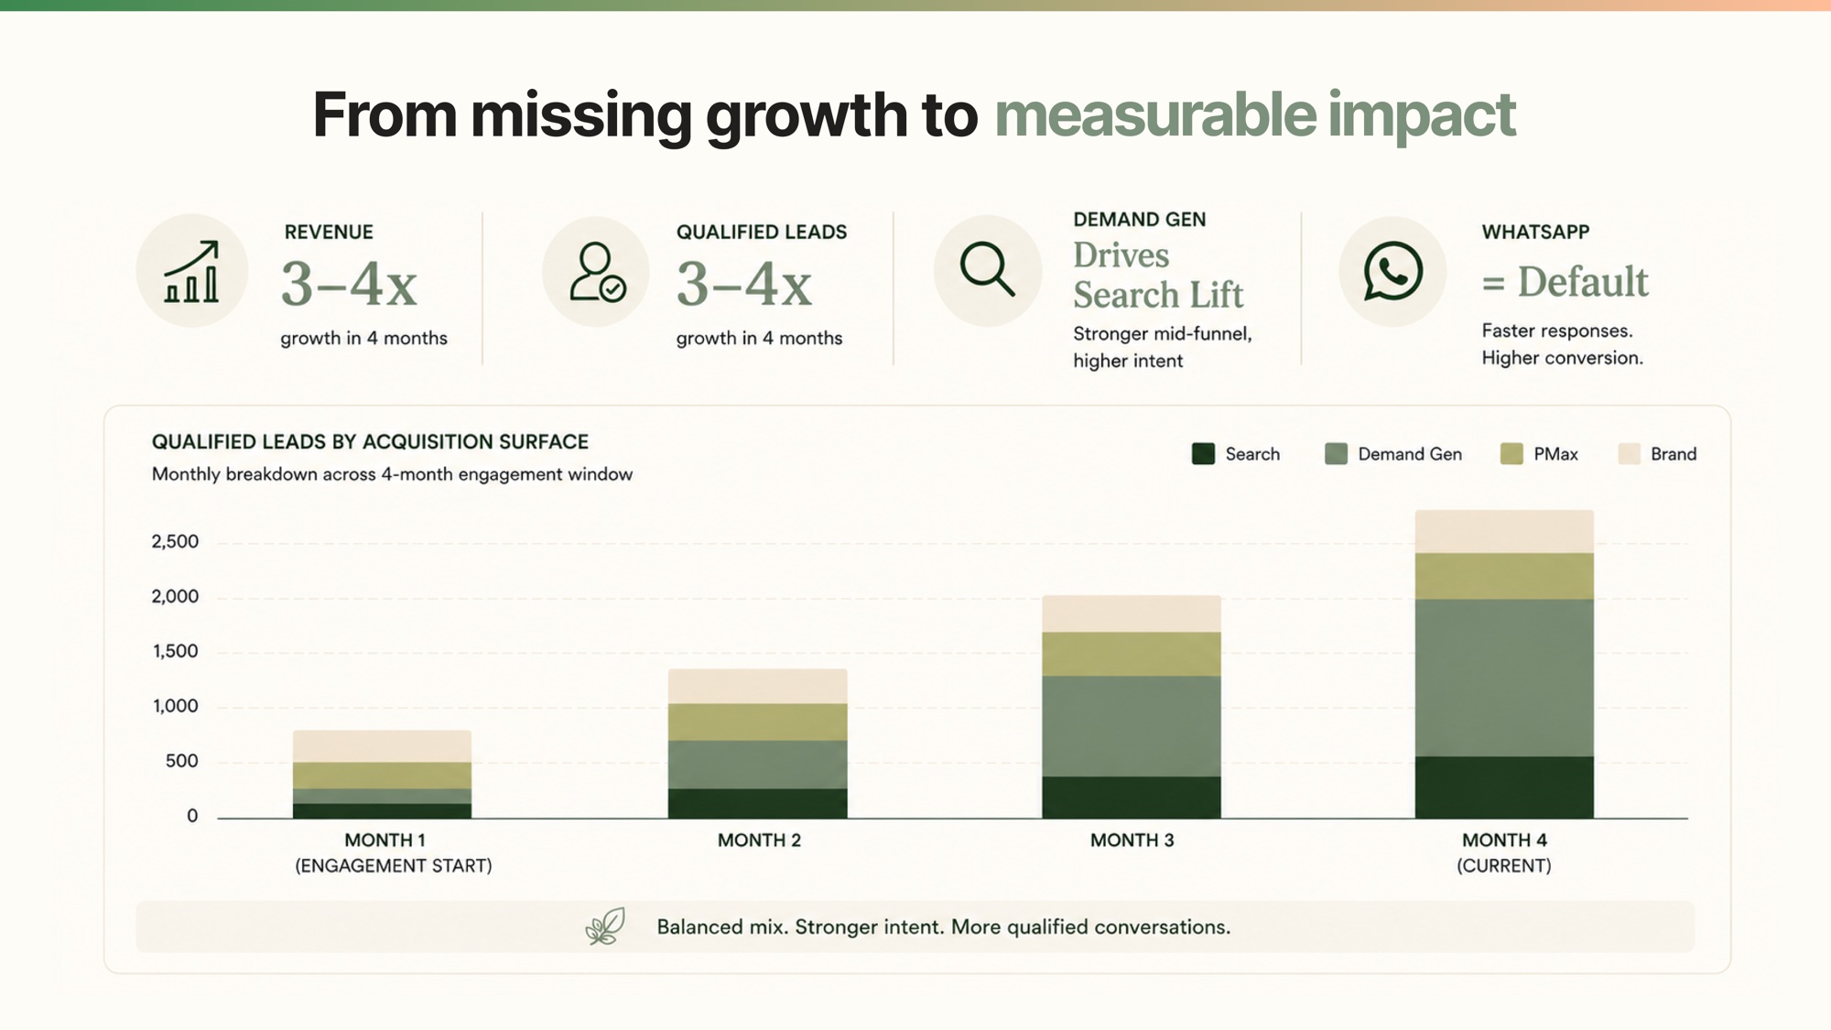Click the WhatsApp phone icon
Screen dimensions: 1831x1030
tap(1392, 271)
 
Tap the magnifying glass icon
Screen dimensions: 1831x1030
tap(987, 269)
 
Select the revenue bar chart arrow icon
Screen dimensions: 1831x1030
tap(191, 271)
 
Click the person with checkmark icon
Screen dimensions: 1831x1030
tap(597, 272)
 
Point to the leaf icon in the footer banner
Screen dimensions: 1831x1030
tap(605, 927)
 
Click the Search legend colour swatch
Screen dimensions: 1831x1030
tap(1203, 454)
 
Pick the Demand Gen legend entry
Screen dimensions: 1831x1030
tap(1393, 454)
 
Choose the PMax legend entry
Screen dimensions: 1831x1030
tap(1539, 454)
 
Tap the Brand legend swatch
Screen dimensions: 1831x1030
tap(1629, 454)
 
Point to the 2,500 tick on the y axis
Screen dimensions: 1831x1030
tap(175, 542)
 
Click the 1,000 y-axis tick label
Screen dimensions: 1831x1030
tap(175, 707)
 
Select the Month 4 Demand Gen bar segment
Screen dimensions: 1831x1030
tap(1504, 678)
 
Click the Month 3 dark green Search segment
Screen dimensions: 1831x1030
tap(1131, 797)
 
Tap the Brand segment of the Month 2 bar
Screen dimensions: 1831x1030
tap(757, 687)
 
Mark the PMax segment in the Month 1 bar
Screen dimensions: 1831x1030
tap(382, 775)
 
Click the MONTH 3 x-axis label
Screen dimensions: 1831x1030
tap(1132, 840)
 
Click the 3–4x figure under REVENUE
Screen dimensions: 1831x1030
tap(349, 284)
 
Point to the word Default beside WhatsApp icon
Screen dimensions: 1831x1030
tap(1583, 281)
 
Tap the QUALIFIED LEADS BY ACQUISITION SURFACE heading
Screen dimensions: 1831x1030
tap(370, 442)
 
